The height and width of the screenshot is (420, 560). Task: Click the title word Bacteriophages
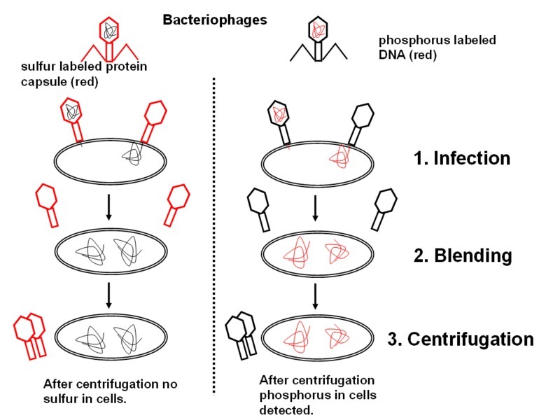215,20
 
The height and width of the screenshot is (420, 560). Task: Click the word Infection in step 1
472,157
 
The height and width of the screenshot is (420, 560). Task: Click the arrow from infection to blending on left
108,206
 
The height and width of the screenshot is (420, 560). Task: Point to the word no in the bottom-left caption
170,384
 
